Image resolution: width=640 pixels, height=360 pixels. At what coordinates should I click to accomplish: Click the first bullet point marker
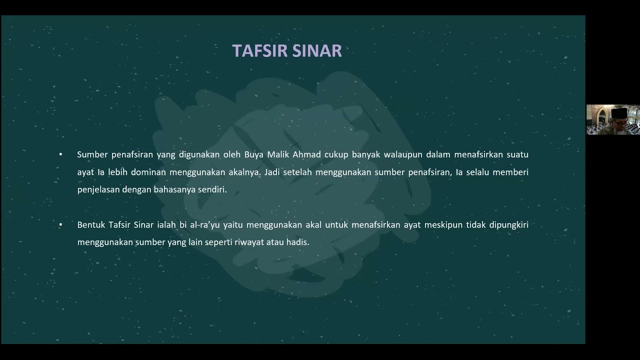(60, 154)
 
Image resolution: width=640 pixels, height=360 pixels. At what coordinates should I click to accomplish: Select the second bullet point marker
(60, 225)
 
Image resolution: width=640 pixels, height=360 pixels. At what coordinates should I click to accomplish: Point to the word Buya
(254, 154)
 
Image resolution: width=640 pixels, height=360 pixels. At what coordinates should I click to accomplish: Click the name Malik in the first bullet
(280, 154)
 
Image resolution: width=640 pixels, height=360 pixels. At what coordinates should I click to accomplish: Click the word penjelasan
(98, 190)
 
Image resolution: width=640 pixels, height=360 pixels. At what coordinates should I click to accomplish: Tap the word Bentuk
(90, 225)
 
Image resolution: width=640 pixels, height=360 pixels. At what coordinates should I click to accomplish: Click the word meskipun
(442, 225)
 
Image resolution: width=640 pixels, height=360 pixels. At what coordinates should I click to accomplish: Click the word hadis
(298, 242)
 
